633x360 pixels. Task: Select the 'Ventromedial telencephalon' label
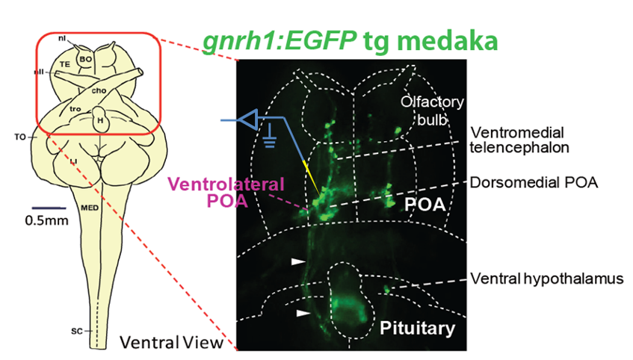519,140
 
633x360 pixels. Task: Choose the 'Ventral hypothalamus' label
546,279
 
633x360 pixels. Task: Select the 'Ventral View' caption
172,343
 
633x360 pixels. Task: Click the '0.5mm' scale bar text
43,220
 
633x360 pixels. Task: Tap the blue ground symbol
268,139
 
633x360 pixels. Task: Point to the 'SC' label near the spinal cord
76,329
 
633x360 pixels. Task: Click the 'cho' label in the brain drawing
99,90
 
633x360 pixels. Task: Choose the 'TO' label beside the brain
21,137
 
